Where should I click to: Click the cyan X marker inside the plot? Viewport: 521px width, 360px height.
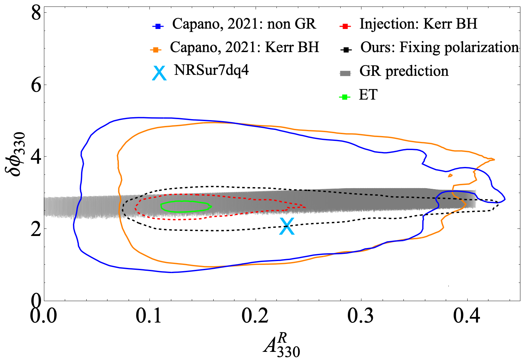pos(287,226)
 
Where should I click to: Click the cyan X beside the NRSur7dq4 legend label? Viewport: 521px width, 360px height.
pos(160,73)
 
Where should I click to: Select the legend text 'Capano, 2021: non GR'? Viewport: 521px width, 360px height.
pos(244,24)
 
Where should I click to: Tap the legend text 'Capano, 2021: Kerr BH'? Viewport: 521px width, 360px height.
pos(244,48)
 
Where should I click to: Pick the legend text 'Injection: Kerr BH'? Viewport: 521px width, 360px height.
pos(418,24)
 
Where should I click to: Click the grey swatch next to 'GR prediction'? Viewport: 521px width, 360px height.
pos(345,74)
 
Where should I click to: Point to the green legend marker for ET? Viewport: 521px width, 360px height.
pos(345,97)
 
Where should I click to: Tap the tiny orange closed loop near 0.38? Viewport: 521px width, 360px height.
pos(450,175)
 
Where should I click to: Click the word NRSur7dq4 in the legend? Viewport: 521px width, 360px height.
pos(211,70)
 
